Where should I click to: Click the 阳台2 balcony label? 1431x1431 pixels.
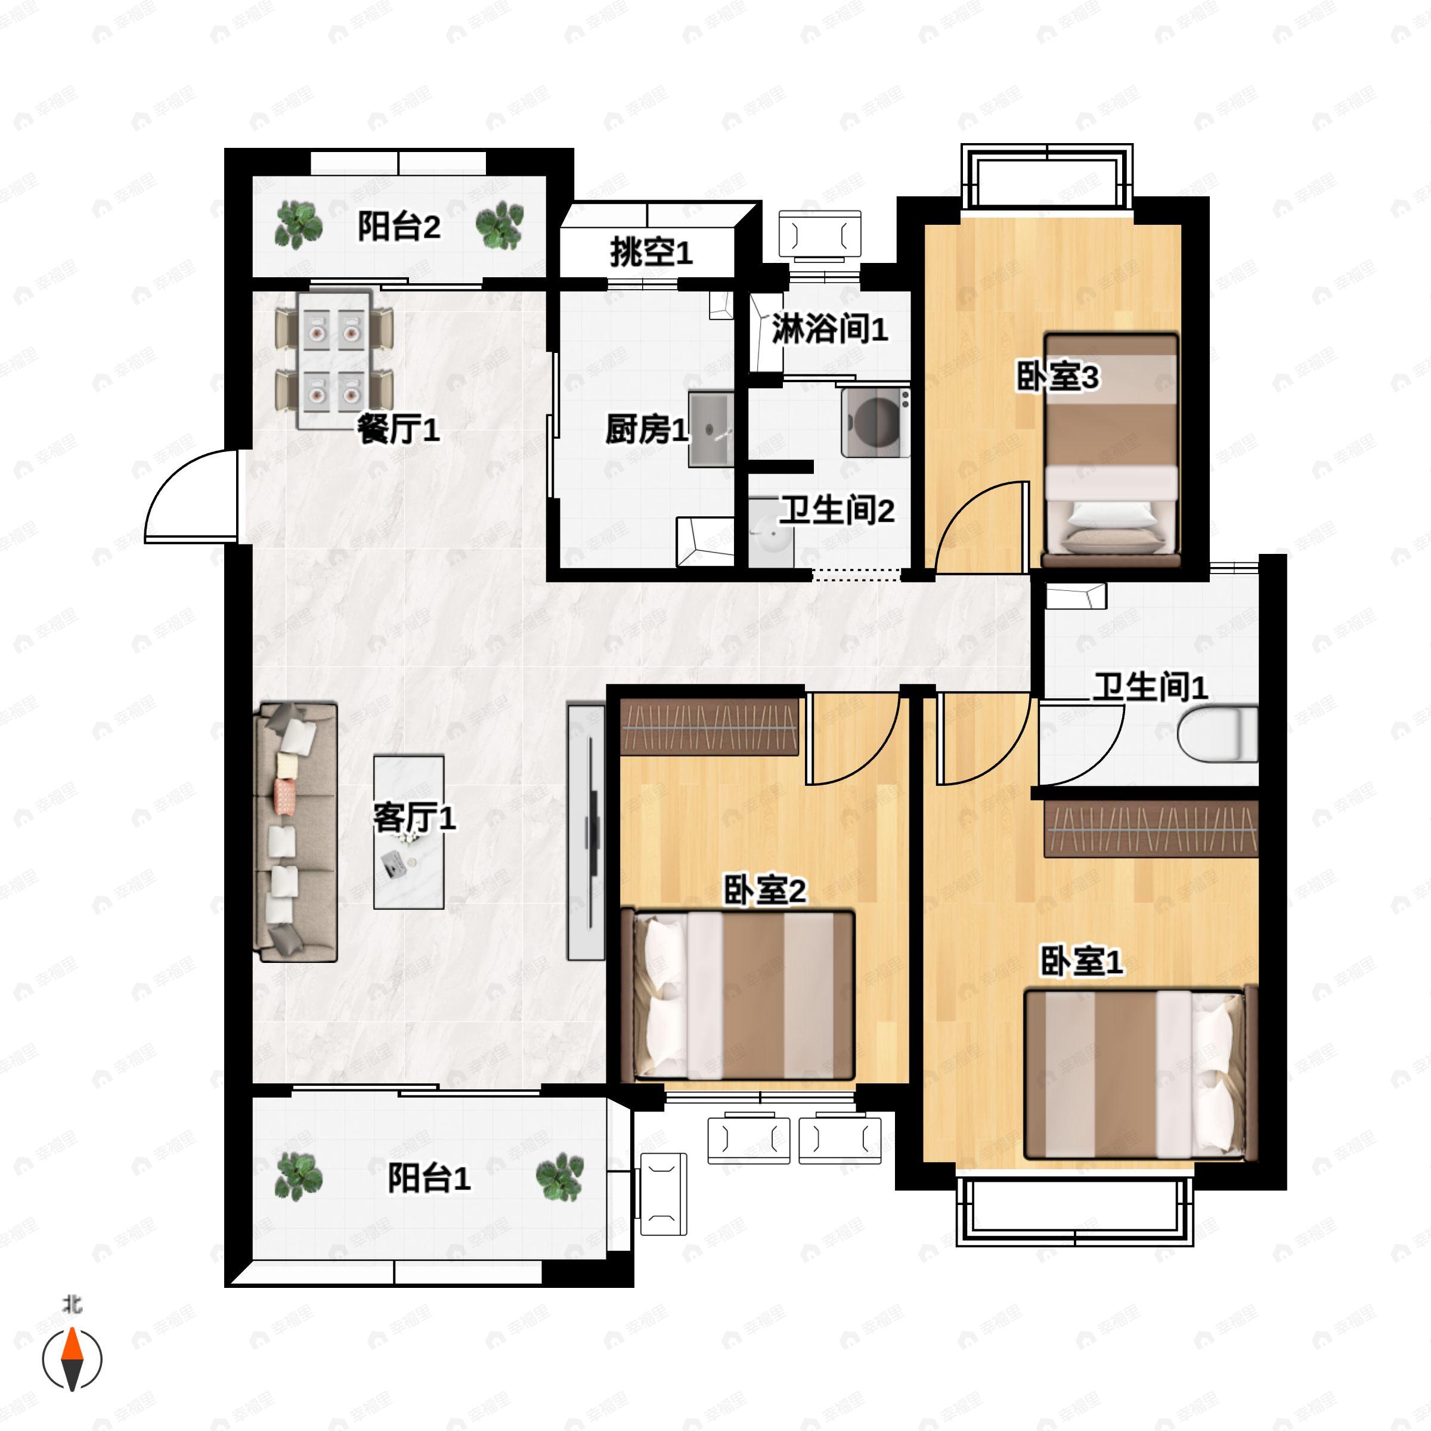(x=399, y=226)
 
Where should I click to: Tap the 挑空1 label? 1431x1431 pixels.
(x=651, y=253)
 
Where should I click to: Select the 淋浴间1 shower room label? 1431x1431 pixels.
(x=829, y=329)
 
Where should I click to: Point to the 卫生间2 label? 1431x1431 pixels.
(x=837, y=510)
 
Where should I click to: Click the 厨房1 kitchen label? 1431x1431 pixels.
(x=646, y=429)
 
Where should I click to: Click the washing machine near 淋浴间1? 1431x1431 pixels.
(x=875, y=422)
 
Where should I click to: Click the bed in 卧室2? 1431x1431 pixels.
(x=738, y=995)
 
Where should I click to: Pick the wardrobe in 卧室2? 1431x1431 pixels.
(x=709, y=727)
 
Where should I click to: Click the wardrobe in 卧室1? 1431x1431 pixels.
(x=1151, y=829)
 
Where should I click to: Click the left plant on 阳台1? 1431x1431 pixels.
(x=299, y=1177)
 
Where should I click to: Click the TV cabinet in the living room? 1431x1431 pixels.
(x=586, y=832)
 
